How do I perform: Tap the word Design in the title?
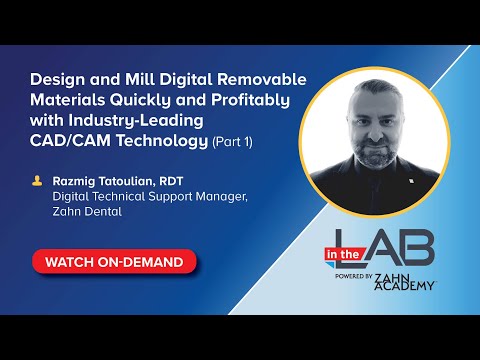point(56,79)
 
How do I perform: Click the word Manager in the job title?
point(221,197)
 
